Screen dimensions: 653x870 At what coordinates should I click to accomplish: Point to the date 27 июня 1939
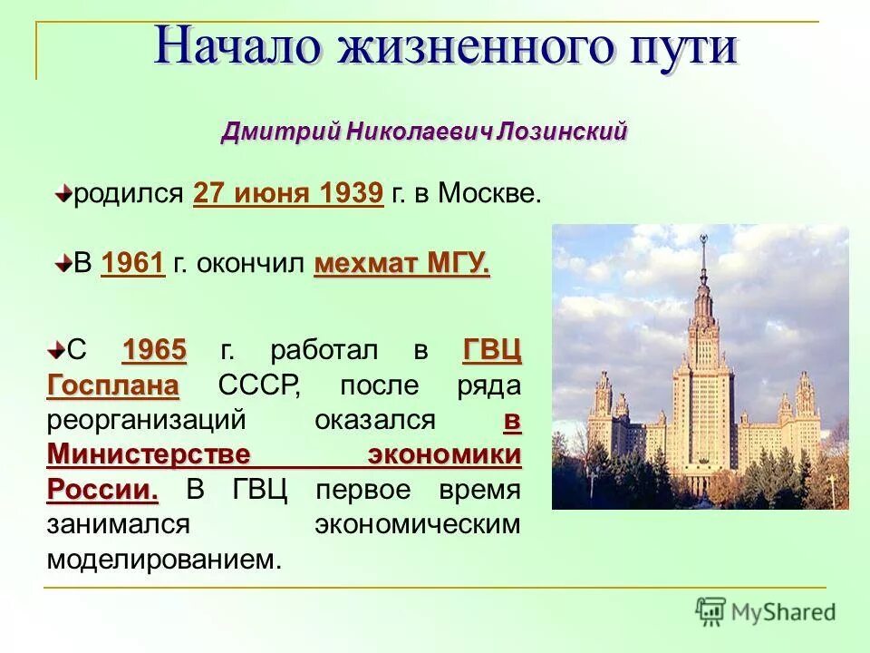click(x=288, y=193)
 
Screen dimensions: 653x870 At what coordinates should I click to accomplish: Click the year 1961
click(x=133, y=264)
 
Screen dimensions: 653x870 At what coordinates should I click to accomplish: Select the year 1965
click(x=154, y=349)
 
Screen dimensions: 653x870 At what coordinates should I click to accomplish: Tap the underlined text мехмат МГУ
click(x=401, y=264)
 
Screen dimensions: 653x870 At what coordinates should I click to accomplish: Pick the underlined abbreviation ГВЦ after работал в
click(x=492, y=349)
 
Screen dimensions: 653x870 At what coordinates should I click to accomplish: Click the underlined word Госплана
click(x=112, y=385)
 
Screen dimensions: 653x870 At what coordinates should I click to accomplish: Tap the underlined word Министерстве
click(x=149, y=454)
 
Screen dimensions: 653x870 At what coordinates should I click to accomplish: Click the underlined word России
click(x=101, y=490)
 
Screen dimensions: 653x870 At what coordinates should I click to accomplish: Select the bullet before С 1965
click(x=55, y=348)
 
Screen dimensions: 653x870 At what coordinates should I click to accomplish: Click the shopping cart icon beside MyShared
click(x=711, y=611)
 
